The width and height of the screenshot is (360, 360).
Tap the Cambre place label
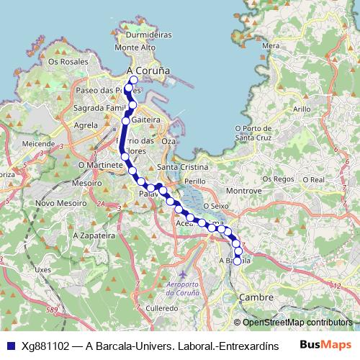pos(256,297)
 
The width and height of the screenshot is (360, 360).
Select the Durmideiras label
pos(148,34)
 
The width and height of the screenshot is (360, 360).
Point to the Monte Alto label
pos(135,48)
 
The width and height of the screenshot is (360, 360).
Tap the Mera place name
pos(271,45)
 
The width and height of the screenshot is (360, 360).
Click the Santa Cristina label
pos(183,167)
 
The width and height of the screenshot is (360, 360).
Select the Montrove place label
pos(243,191)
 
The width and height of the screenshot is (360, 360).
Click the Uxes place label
pos(43,270)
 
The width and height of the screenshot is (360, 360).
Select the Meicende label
pos(38,144)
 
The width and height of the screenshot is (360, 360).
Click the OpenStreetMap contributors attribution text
pos(297,323)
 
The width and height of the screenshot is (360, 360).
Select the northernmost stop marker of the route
pos(133,80)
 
